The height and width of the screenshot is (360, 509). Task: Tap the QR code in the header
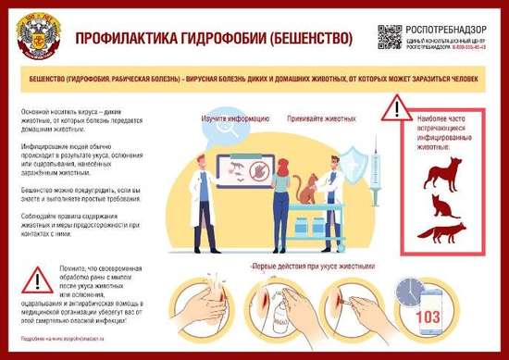[x=390, y=36]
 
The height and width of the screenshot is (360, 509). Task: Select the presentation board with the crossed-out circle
[x=244, y=170]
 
